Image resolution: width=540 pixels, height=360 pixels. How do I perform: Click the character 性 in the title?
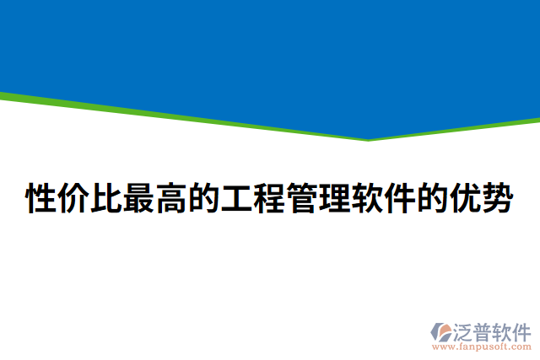[x=43, y=200]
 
